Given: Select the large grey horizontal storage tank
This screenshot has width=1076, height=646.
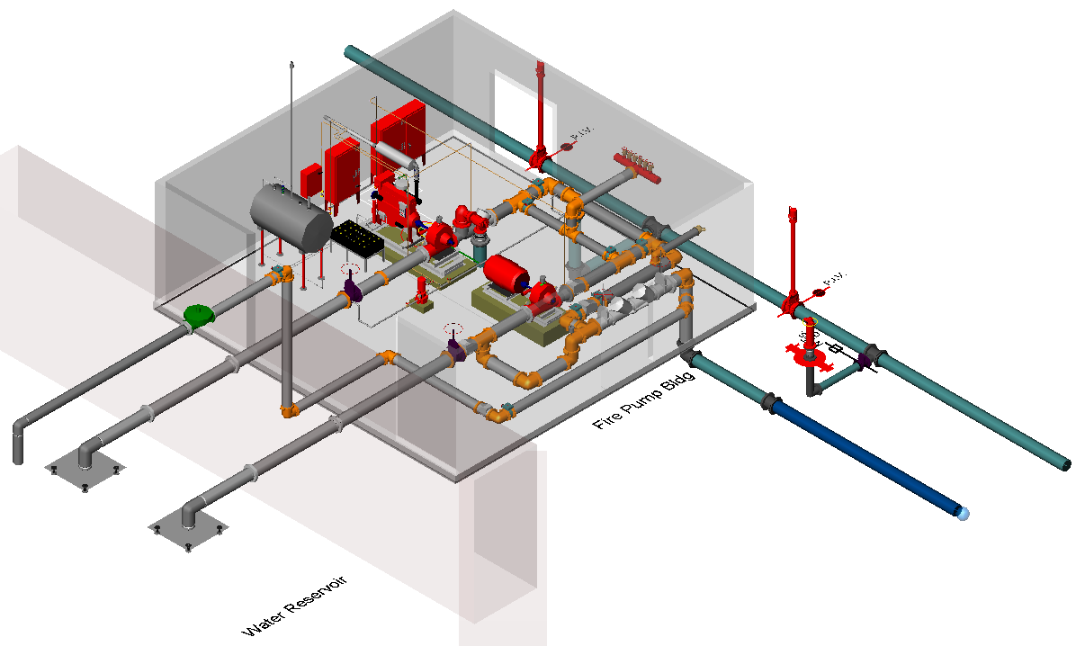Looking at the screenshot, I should pyautogui.click(x=290, y=216).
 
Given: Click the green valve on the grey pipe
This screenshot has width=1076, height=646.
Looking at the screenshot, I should pyautogui.click(x=198, y=315).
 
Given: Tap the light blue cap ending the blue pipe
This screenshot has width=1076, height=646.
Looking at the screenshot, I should pyautogui.click(x=964, y=514).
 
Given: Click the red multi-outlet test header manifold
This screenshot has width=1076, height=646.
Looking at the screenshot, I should pyautogui.click(x=638, y=165).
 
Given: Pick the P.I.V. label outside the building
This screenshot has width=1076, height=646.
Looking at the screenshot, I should pyautogui.click(x=836, y=280).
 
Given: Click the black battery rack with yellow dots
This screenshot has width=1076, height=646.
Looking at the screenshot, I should pyautogui.click(x=359, y=241).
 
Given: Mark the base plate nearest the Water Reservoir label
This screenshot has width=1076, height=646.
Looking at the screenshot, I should pyautogui.click(x=185, y=530).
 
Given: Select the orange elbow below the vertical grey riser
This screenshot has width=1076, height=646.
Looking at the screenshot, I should pyautogui.click(x=290, y=412).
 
